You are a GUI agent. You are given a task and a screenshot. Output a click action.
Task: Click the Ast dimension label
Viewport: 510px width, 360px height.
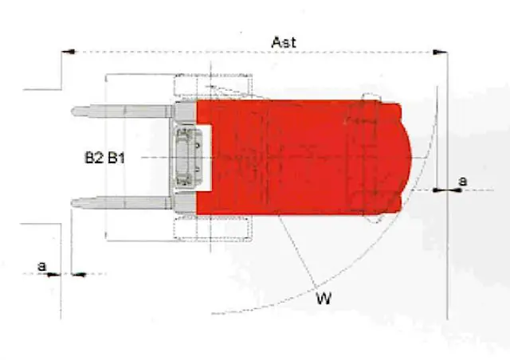284,42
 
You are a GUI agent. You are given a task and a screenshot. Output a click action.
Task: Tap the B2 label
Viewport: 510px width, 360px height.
94,158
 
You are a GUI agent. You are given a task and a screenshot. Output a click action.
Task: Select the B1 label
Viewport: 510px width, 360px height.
116,158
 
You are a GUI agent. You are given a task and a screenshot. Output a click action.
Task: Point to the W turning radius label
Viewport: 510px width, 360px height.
324,298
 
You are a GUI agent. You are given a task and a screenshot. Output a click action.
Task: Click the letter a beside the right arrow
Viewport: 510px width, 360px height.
462,181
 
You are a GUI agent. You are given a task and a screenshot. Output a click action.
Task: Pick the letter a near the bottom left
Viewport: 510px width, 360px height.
42,266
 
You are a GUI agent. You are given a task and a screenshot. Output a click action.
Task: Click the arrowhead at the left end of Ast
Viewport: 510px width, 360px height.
69,52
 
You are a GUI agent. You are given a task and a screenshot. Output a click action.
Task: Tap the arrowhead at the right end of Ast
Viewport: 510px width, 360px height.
440,52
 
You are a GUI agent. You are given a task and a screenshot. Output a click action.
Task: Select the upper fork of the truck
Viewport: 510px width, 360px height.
123,112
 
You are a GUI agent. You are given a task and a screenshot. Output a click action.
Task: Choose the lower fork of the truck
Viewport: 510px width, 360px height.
122,202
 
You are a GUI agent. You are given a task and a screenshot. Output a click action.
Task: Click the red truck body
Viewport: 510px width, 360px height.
300,158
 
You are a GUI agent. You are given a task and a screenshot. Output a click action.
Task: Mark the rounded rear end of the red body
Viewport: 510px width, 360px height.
406,158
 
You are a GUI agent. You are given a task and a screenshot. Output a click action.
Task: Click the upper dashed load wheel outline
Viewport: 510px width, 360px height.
214,85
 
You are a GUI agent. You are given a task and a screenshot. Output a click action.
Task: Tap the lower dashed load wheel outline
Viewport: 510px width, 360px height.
214,229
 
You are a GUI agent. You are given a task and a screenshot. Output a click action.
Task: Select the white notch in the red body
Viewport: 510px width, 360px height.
204,158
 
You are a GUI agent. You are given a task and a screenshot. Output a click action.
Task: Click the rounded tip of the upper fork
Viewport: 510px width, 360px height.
73,112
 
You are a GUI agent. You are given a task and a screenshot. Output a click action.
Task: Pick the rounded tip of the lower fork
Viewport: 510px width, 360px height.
73,203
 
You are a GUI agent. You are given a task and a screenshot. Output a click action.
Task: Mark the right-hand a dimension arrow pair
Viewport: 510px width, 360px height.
448,190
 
